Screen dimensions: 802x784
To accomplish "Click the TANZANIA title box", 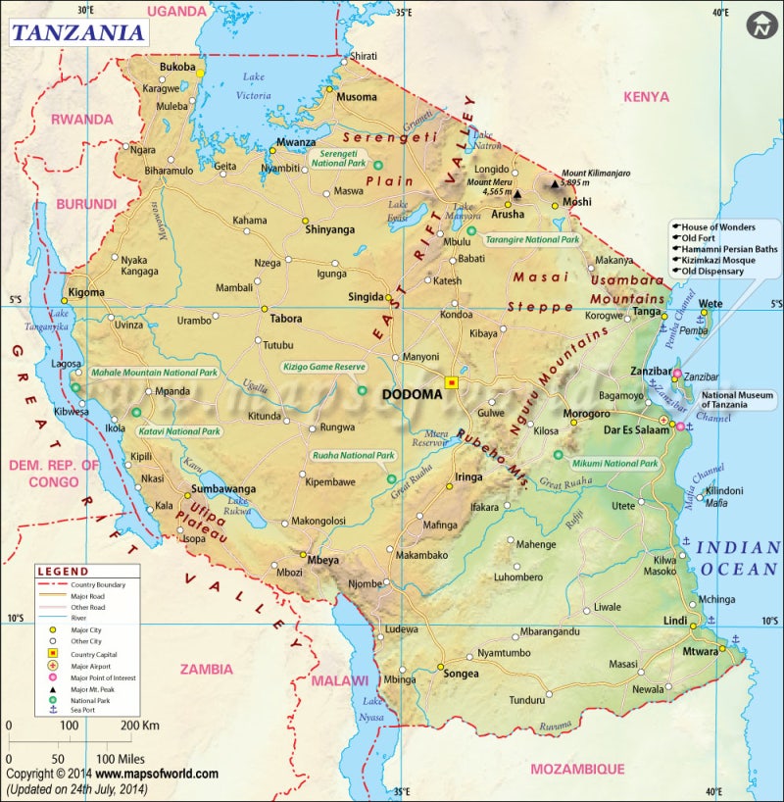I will point(78,32).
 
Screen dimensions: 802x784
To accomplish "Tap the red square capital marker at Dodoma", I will point(452,382).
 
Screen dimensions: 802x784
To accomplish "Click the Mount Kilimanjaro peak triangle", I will point(555,183).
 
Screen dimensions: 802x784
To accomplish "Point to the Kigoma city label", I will point(85,293).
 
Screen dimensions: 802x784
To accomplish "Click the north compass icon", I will point(761,25).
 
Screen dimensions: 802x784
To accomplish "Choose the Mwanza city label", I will point(296,142).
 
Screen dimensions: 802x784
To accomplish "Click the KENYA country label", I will point(646,97).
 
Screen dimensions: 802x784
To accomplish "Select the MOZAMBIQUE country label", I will point(577,770).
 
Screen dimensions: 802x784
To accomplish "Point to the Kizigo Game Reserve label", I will point(323,367).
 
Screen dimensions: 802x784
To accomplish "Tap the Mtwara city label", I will point(700,650).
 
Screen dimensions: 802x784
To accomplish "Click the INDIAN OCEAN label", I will point(738,557).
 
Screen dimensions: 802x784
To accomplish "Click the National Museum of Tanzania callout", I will point(737,400).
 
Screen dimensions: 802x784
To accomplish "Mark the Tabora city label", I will point(286,319).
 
